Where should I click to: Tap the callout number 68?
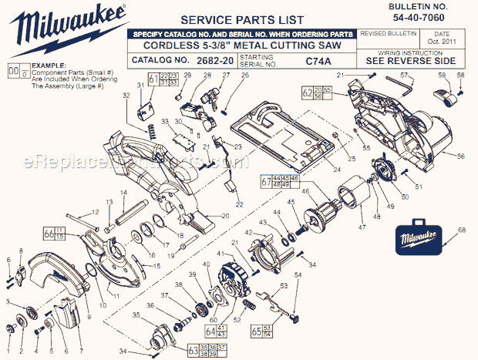tap(462, 231)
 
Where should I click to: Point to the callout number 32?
tap(126, 96)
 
